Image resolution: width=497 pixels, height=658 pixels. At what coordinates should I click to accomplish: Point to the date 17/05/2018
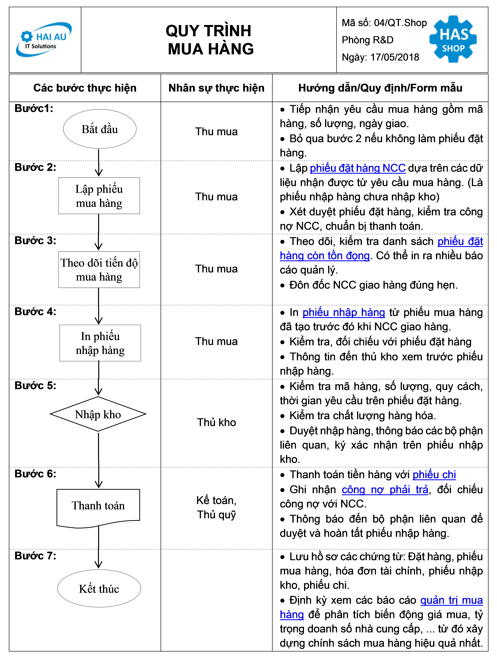point(395,57)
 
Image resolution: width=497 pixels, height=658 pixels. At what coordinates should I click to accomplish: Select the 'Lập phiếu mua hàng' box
point(99,196)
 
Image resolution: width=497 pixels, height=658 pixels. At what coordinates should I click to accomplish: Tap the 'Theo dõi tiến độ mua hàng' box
point(99,269)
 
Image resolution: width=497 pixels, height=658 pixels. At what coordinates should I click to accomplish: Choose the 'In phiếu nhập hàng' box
point(100,343)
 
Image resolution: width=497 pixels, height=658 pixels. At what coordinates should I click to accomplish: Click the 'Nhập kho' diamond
point(98,414)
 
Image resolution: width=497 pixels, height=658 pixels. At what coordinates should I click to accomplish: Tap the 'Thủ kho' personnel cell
point(217,422)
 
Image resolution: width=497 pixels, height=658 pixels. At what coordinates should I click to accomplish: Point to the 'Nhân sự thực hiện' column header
point(217,88)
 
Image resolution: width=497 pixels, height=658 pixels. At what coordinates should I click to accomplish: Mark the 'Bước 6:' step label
point(35,474)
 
